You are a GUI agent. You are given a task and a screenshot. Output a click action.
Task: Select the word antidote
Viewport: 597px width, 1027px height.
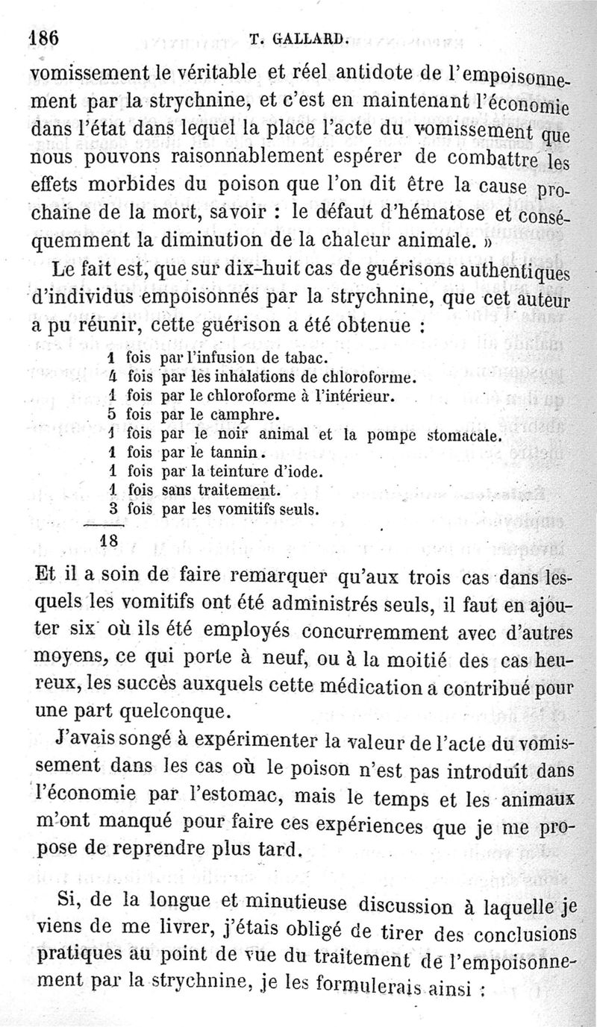[369, 72]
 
